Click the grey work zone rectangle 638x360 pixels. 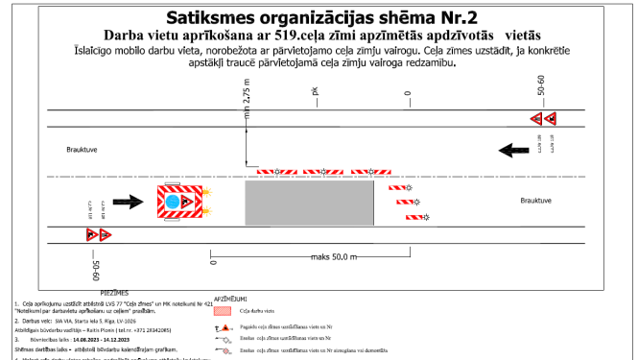[x=309, y=204]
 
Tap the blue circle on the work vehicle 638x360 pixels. [x=174, y=204]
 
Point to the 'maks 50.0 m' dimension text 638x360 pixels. [x=332, y=257]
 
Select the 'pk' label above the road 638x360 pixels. [x=314, y=93]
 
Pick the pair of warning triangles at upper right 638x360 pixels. [x=546, y=119]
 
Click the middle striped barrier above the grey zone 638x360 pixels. [x=323, y=172]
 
